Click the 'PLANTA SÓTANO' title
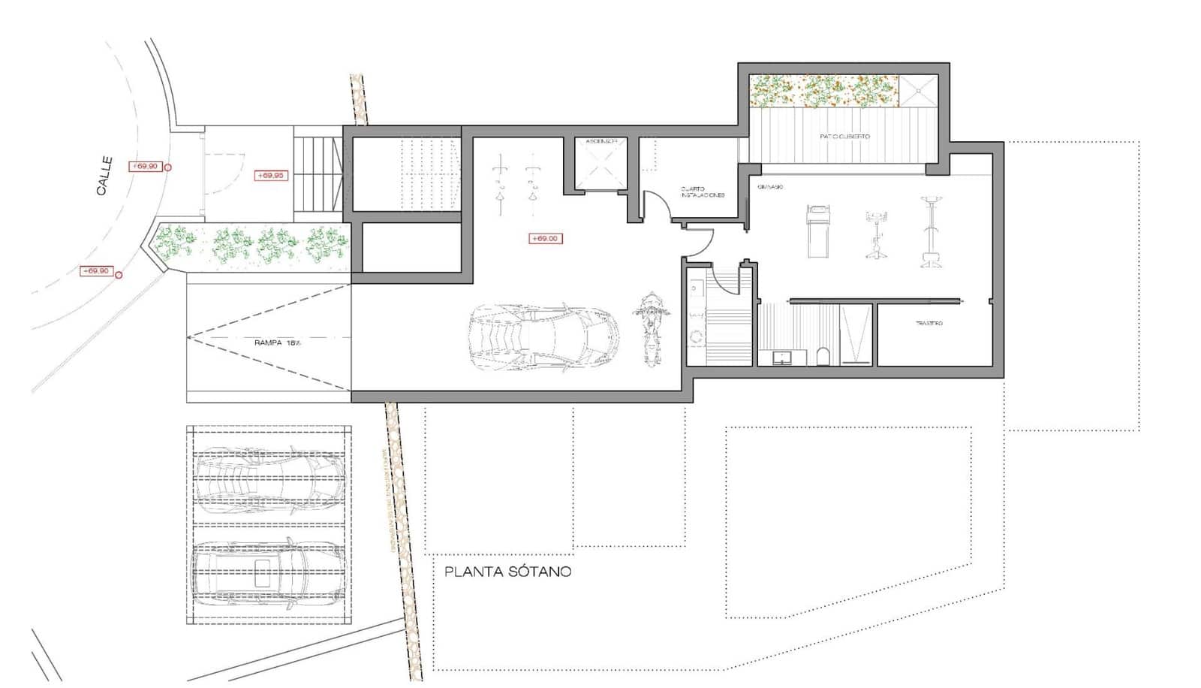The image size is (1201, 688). pos(507,572)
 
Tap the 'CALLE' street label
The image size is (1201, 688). pos(104,176)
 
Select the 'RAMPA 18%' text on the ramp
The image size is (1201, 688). pos(277,342)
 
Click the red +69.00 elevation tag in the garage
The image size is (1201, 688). pos(545,239)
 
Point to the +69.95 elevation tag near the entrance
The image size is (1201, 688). pos(270,176)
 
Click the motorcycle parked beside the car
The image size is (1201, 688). pos(651,328)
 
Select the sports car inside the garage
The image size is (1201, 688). pos(544,338)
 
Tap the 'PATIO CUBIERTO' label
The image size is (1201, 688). pos(844,137)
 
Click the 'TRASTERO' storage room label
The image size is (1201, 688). pos(929,323)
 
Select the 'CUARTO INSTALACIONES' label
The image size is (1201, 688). pos(703,192)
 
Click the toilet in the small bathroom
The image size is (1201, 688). pos(823,356)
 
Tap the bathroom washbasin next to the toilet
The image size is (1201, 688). pos(783,358)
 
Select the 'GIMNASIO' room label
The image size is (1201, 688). pos(771,186)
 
